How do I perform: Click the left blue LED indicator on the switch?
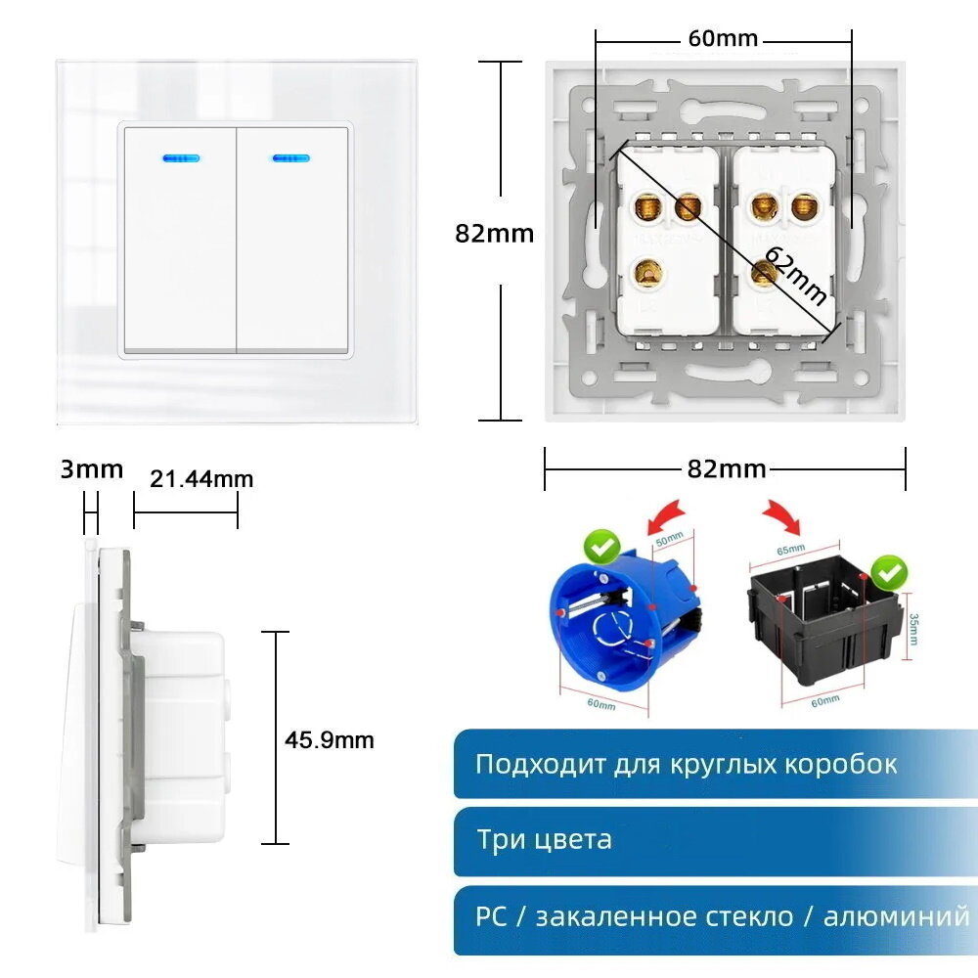(179, 156)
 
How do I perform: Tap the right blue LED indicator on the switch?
(290, 156)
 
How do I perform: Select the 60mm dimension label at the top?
(723, 39)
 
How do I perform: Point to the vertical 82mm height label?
(495, 234)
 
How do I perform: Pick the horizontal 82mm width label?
(726, 468)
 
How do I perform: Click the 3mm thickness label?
(92, 469)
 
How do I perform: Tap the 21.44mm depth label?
(201, 478)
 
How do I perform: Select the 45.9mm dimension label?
(330, 740)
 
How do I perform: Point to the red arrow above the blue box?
(667, 513)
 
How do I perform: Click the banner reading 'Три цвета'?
(714, 840)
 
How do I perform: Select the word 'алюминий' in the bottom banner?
(896, 916)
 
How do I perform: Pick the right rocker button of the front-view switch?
(292, 240)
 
